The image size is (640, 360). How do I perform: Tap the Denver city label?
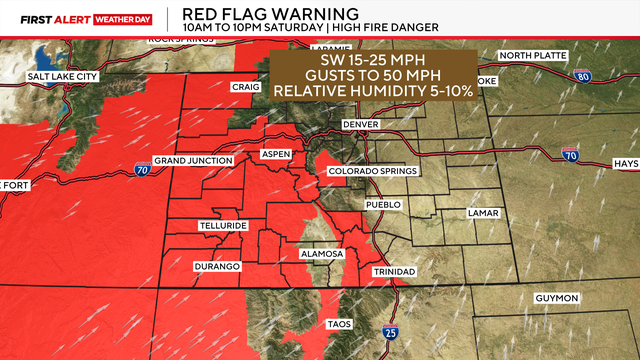[x=361, y=123]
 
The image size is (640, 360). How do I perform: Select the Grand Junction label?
[x=193, y=160]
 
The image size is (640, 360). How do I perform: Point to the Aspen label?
[x=275, y=154]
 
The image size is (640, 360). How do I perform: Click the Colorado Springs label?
[x=373, y=171]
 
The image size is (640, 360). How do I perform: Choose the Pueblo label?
[x=384, y=204]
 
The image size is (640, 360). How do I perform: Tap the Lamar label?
[x=483, y=214]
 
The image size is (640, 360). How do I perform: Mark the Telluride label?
[x=222, y=226]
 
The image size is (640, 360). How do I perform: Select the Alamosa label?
[x=322, y=254]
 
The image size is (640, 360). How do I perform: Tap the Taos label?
[x=340, y=324]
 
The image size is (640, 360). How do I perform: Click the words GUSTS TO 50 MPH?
[x=378, y=76]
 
